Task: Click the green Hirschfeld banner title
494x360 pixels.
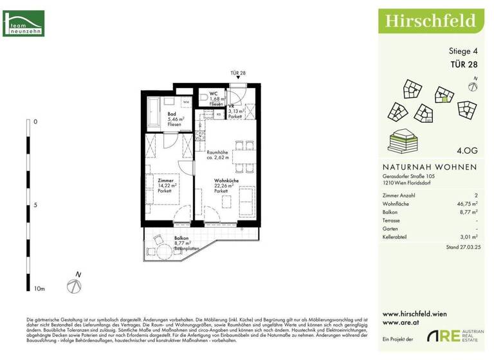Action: [430, 21]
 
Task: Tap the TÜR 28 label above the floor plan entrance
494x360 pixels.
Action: [239, 73]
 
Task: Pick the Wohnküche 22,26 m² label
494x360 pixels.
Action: [226, 186]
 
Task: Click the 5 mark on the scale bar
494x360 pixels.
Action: [35, 206]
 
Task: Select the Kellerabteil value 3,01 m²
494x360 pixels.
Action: [467, 237]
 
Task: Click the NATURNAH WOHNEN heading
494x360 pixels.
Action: [430, 166]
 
